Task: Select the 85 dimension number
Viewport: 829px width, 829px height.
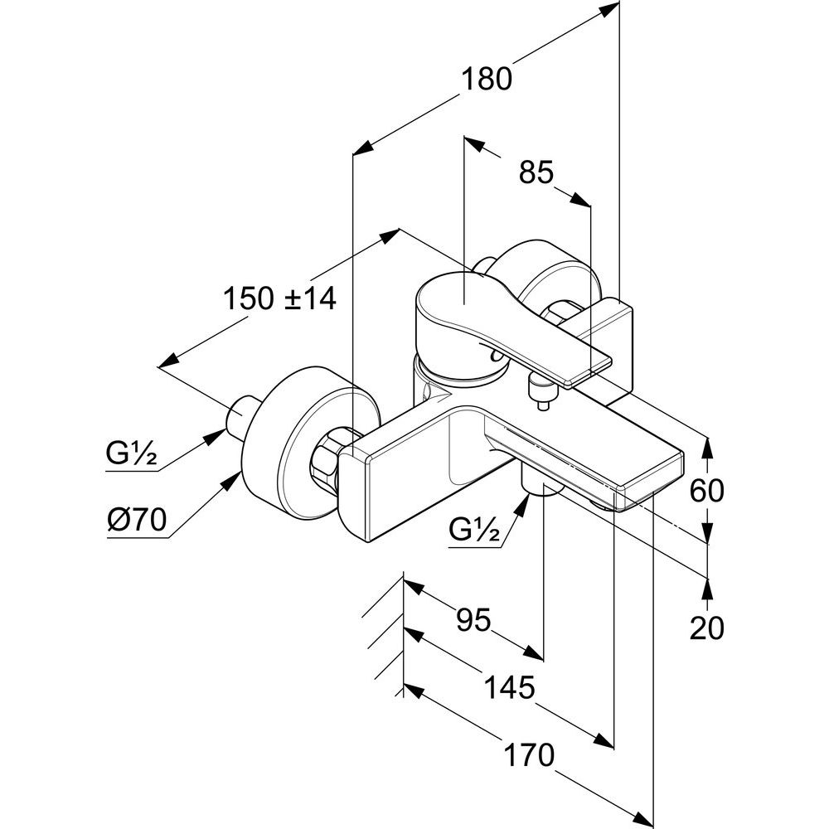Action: [536, 172]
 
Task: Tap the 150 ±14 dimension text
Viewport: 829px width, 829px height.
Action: [279, 298]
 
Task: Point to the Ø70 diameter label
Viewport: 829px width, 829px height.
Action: [137, 521]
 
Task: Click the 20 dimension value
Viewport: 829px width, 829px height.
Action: [707, 628]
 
